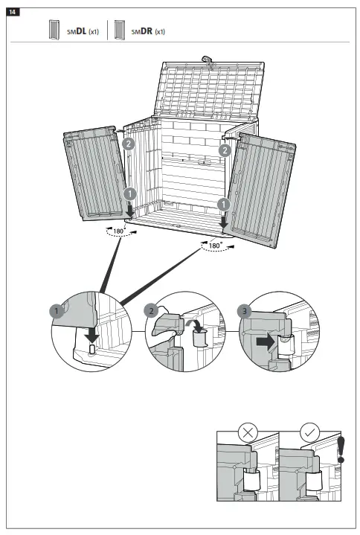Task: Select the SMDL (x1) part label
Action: (83, 31)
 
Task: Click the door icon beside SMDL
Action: (54, 31)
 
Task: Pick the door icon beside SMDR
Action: (119, 31)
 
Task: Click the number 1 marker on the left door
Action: (129, 193)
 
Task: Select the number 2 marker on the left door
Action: (128, 144)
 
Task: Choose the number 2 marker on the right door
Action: (224, 150)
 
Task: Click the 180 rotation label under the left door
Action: (118, 231)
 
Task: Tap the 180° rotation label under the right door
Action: (215, 245)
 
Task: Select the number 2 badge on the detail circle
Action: (152, 309)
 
